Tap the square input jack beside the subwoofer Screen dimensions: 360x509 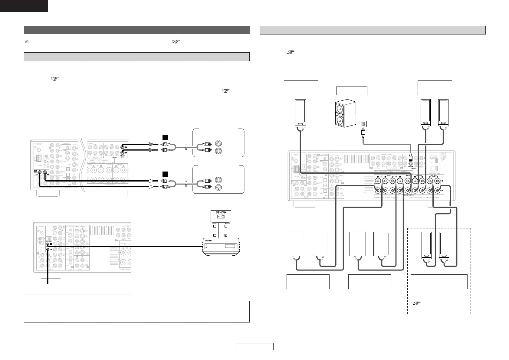(x=363, y=124)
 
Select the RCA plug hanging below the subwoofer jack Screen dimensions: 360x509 (x=363, y=132)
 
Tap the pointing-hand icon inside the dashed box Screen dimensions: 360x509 (x=416, y=304)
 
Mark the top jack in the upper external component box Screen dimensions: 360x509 (x=218, y=143)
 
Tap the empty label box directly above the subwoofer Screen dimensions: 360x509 (x=352, y=91)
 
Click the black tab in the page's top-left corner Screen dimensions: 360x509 (x=24, y=6)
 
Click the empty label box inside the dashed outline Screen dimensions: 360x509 (x=439, y=282)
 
